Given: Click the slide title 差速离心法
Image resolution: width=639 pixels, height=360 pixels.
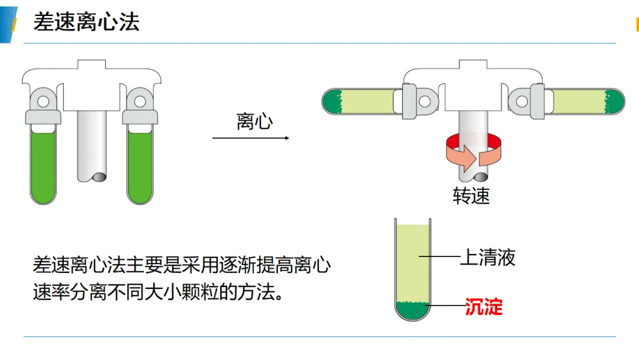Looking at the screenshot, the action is coord(86,21).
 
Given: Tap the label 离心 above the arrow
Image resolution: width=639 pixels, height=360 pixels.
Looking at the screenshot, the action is coord(254,121).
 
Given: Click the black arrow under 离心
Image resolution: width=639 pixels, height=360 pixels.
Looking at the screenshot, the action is coord(251,138).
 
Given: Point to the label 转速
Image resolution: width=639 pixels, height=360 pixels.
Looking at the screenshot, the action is coord(471,196).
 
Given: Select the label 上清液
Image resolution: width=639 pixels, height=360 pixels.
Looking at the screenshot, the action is coord(488,257).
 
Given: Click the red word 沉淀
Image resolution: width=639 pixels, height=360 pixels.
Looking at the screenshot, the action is coord(484,307).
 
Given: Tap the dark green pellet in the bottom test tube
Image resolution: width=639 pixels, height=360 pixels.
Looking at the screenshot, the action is coord(412,311).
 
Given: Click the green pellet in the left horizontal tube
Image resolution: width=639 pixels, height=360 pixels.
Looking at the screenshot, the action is coord(333,101).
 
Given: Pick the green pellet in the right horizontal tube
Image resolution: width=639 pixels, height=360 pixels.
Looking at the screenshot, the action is coord(614,101).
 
